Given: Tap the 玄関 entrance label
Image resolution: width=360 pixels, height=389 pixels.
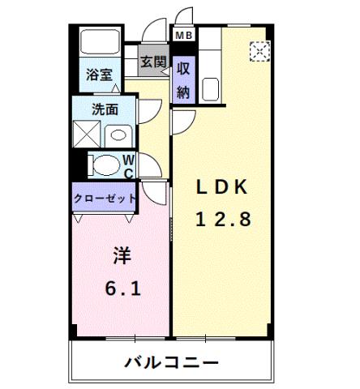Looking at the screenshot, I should pos(152,61).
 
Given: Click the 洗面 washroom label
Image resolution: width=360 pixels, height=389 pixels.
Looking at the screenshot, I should pos(104,108).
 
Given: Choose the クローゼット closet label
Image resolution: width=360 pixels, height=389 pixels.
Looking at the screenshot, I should pos(105,197).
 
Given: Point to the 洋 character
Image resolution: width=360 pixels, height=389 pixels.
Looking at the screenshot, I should pos(119,256).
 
